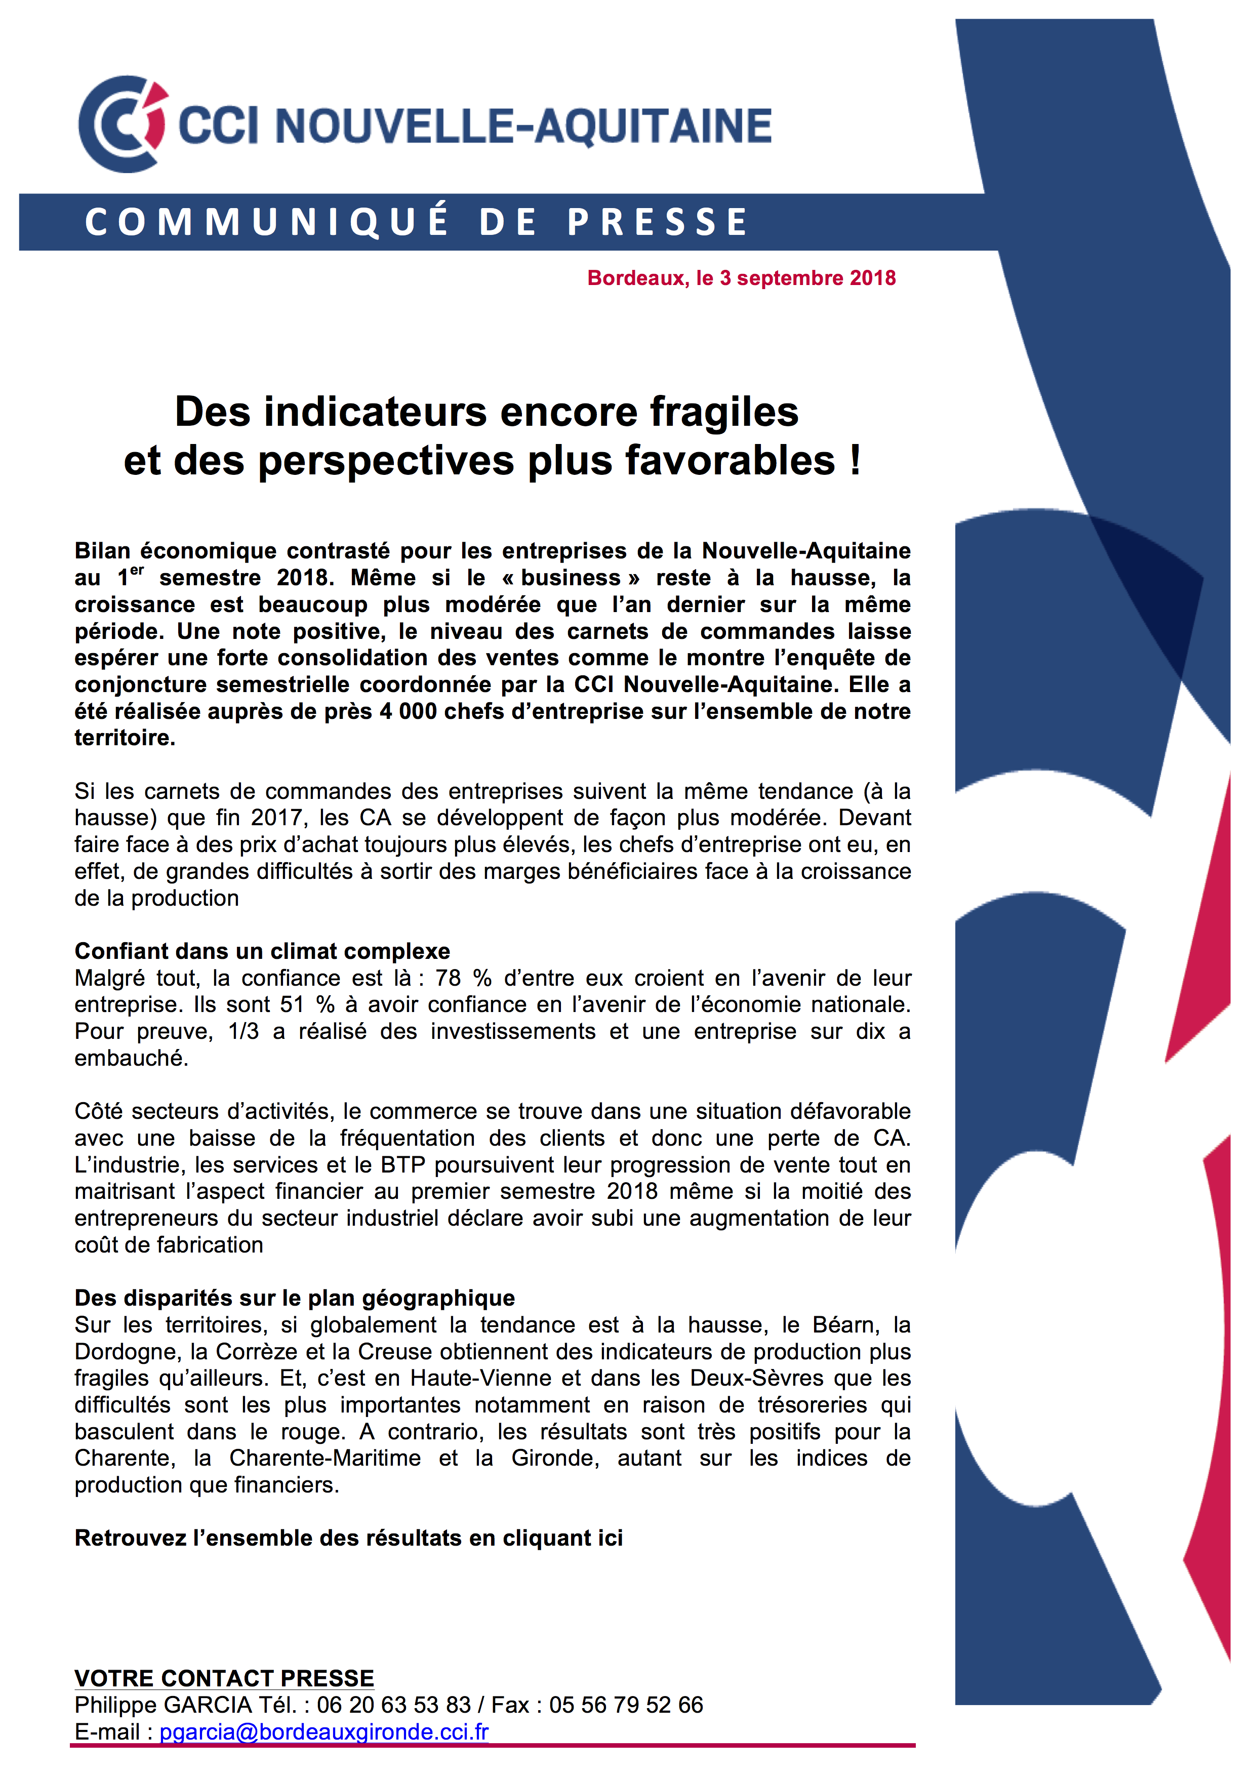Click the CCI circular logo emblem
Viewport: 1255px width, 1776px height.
[122, 124]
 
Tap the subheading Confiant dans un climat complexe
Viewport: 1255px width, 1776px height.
[262, 951]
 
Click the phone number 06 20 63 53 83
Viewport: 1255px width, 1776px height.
[393, 1705]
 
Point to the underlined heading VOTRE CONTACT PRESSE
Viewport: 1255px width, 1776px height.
[224, 1678]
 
